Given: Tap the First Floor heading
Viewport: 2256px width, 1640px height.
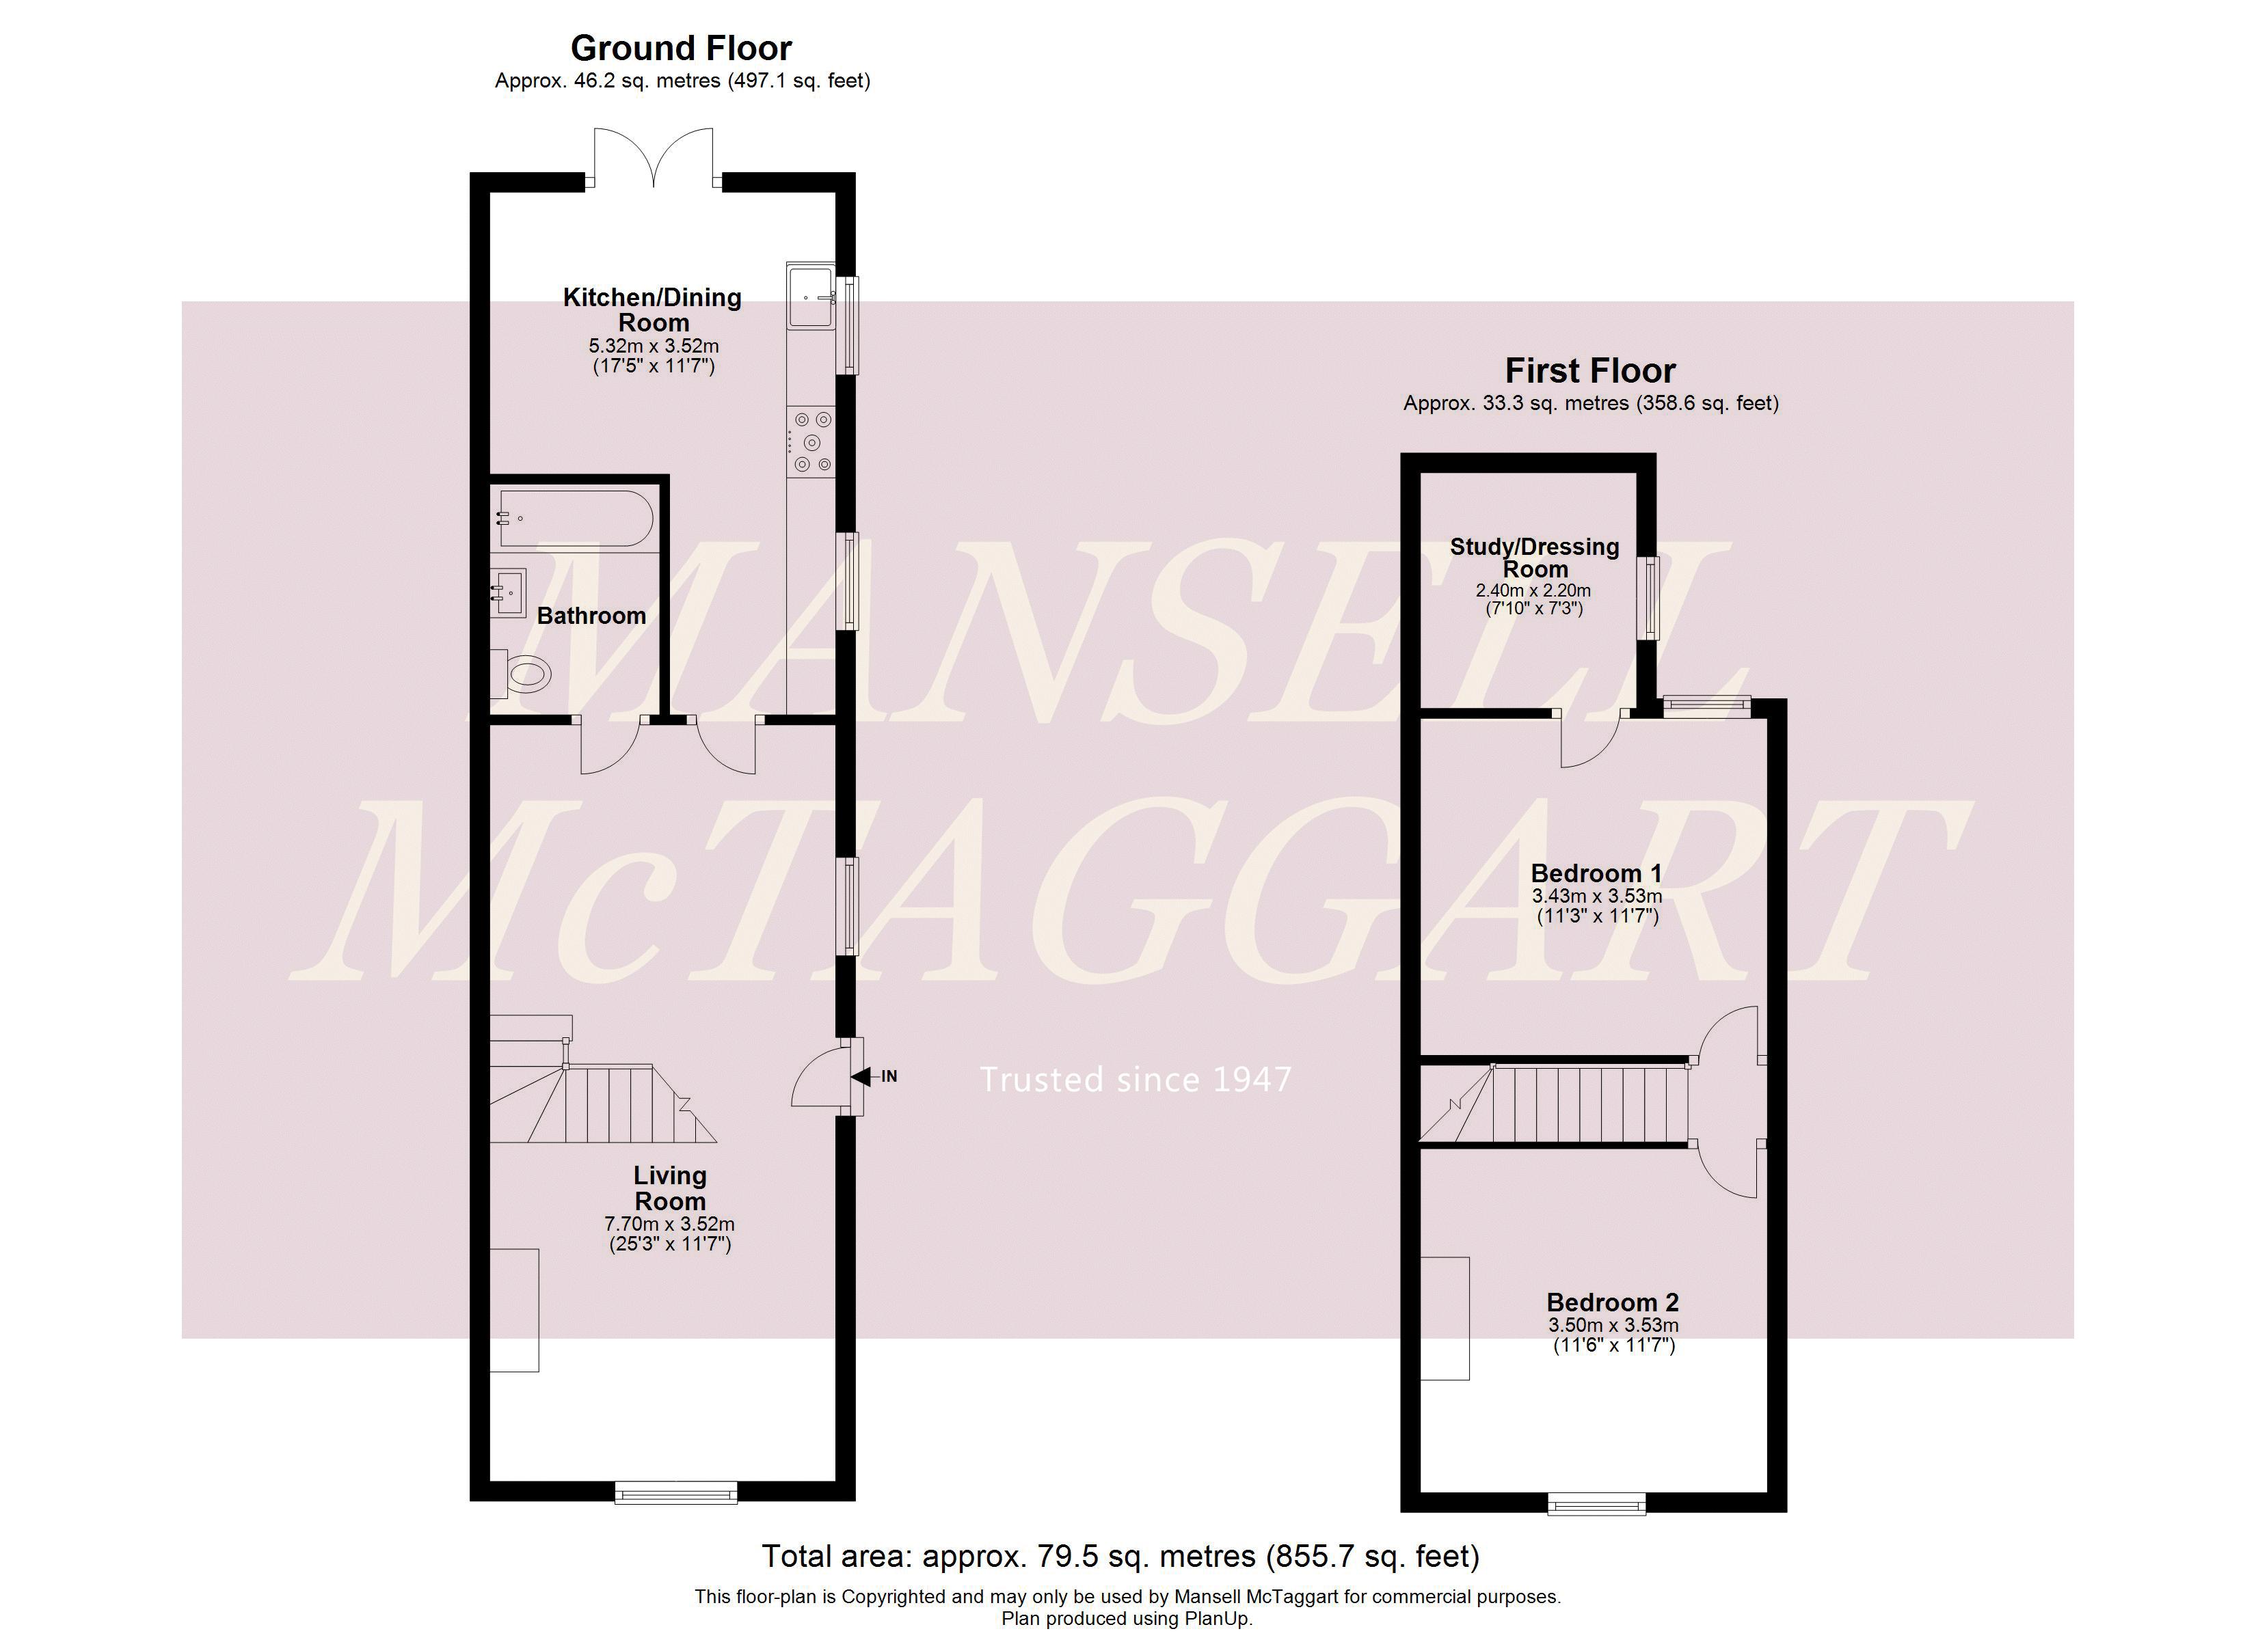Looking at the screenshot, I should click(x=1589, y=371).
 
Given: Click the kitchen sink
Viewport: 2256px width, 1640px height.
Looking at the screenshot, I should click(x=811, y=295).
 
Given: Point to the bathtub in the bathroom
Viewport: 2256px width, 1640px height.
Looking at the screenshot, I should click(x=575, y=518).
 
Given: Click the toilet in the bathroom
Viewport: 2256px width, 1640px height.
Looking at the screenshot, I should click(x=522, y=675).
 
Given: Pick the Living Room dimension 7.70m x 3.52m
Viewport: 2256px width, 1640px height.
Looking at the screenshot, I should click(x=669, y=1225).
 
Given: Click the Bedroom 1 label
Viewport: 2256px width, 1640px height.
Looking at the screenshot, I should click(x=1596, y=873).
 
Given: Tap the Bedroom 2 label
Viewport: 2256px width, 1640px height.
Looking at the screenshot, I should click(x=1613, y=1302).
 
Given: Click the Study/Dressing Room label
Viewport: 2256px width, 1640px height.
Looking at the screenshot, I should click(x=1534, y=558).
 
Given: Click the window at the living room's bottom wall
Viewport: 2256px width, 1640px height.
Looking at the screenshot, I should click(x=675, y=1492).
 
